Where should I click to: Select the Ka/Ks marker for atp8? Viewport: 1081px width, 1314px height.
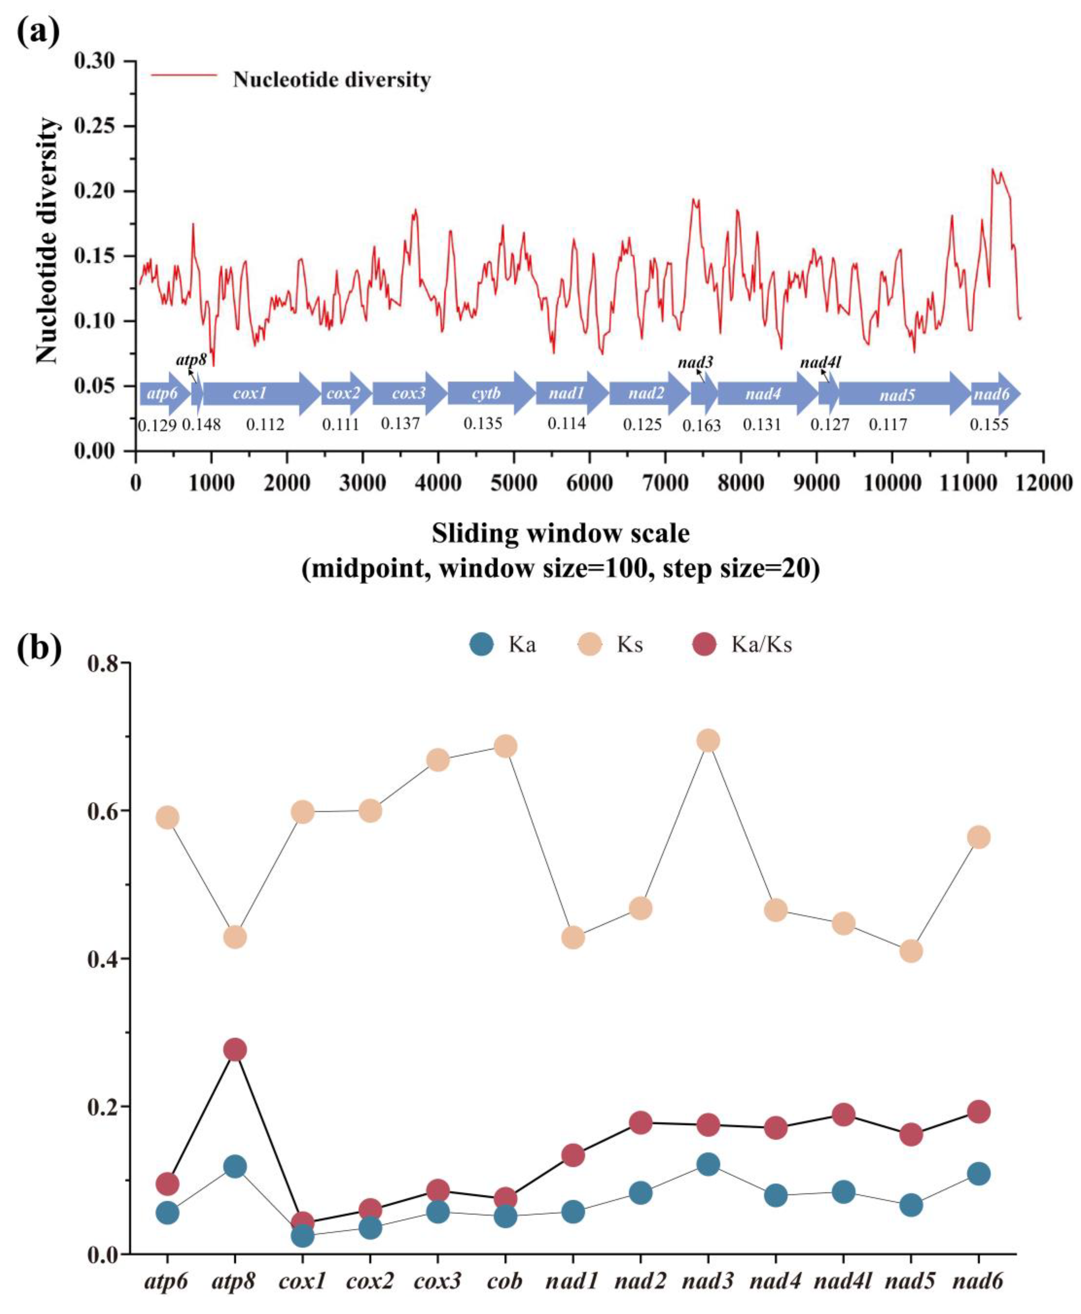(235, 1050)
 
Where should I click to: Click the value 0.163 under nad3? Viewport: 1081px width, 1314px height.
(702, 426)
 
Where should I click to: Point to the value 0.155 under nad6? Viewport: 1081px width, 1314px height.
(989, 425)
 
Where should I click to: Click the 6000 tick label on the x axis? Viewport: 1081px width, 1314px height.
(589, 484)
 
